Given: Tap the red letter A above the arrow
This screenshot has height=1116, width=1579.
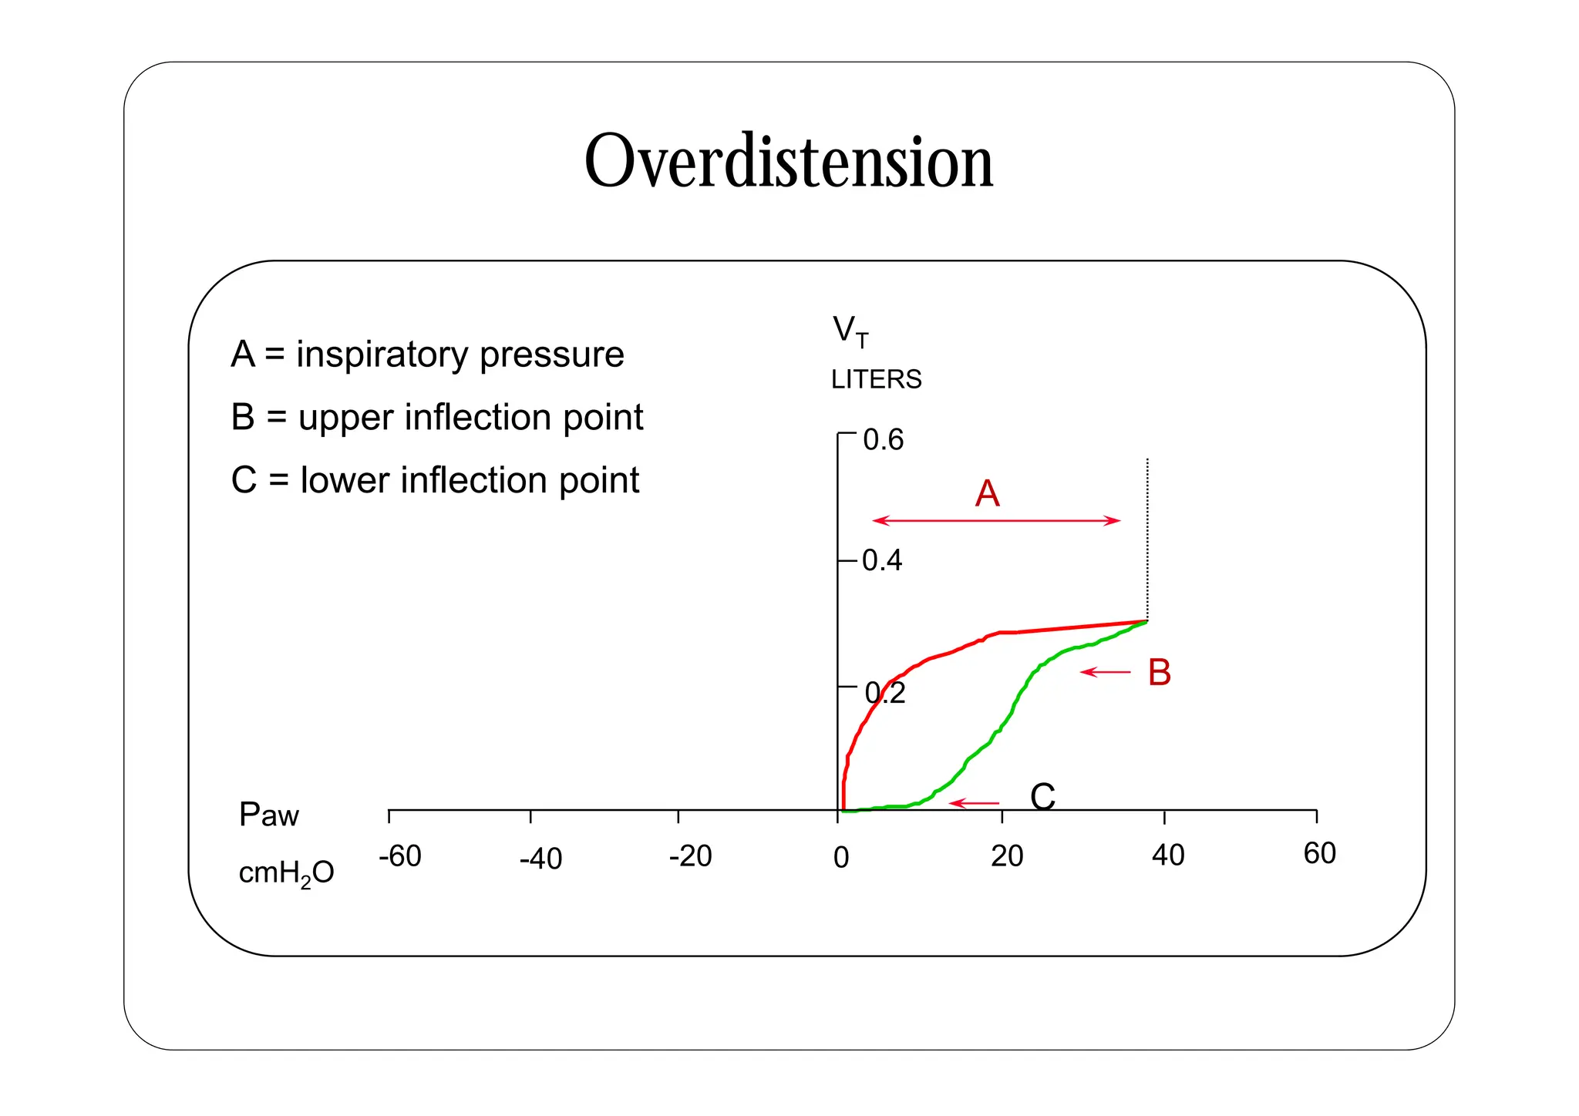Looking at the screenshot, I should pos(987,493).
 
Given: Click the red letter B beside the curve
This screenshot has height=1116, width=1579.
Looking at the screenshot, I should pos(1159,672).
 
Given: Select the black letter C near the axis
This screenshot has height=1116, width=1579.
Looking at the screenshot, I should pos(1042,797).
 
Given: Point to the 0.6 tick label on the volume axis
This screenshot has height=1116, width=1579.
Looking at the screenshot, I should pos(883,440).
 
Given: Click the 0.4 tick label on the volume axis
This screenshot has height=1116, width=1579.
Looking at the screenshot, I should pos(882,560).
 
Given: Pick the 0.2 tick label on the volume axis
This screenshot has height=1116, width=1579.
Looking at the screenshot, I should pos(885,694).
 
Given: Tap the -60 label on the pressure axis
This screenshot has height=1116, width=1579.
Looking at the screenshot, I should pos(400,856).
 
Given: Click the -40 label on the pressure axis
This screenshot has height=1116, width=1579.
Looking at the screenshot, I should pos(540,859).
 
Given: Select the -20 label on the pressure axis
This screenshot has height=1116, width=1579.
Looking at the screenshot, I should pos(690,856).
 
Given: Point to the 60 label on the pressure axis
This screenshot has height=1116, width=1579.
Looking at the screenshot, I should pos(1319,854).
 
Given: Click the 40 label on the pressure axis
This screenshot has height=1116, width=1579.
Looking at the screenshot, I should pos(1167,855).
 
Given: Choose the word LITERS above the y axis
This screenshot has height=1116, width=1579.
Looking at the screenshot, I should pos(876,379).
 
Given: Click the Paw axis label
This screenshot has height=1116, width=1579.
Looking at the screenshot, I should pos(268,815).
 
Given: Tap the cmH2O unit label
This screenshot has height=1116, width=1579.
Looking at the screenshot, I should pos(286,873).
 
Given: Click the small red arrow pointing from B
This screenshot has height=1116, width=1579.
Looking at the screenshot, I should pos(1105,672).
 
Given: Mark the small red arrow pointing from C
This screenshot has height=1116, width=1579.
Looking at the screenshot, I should pos(973,803).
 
